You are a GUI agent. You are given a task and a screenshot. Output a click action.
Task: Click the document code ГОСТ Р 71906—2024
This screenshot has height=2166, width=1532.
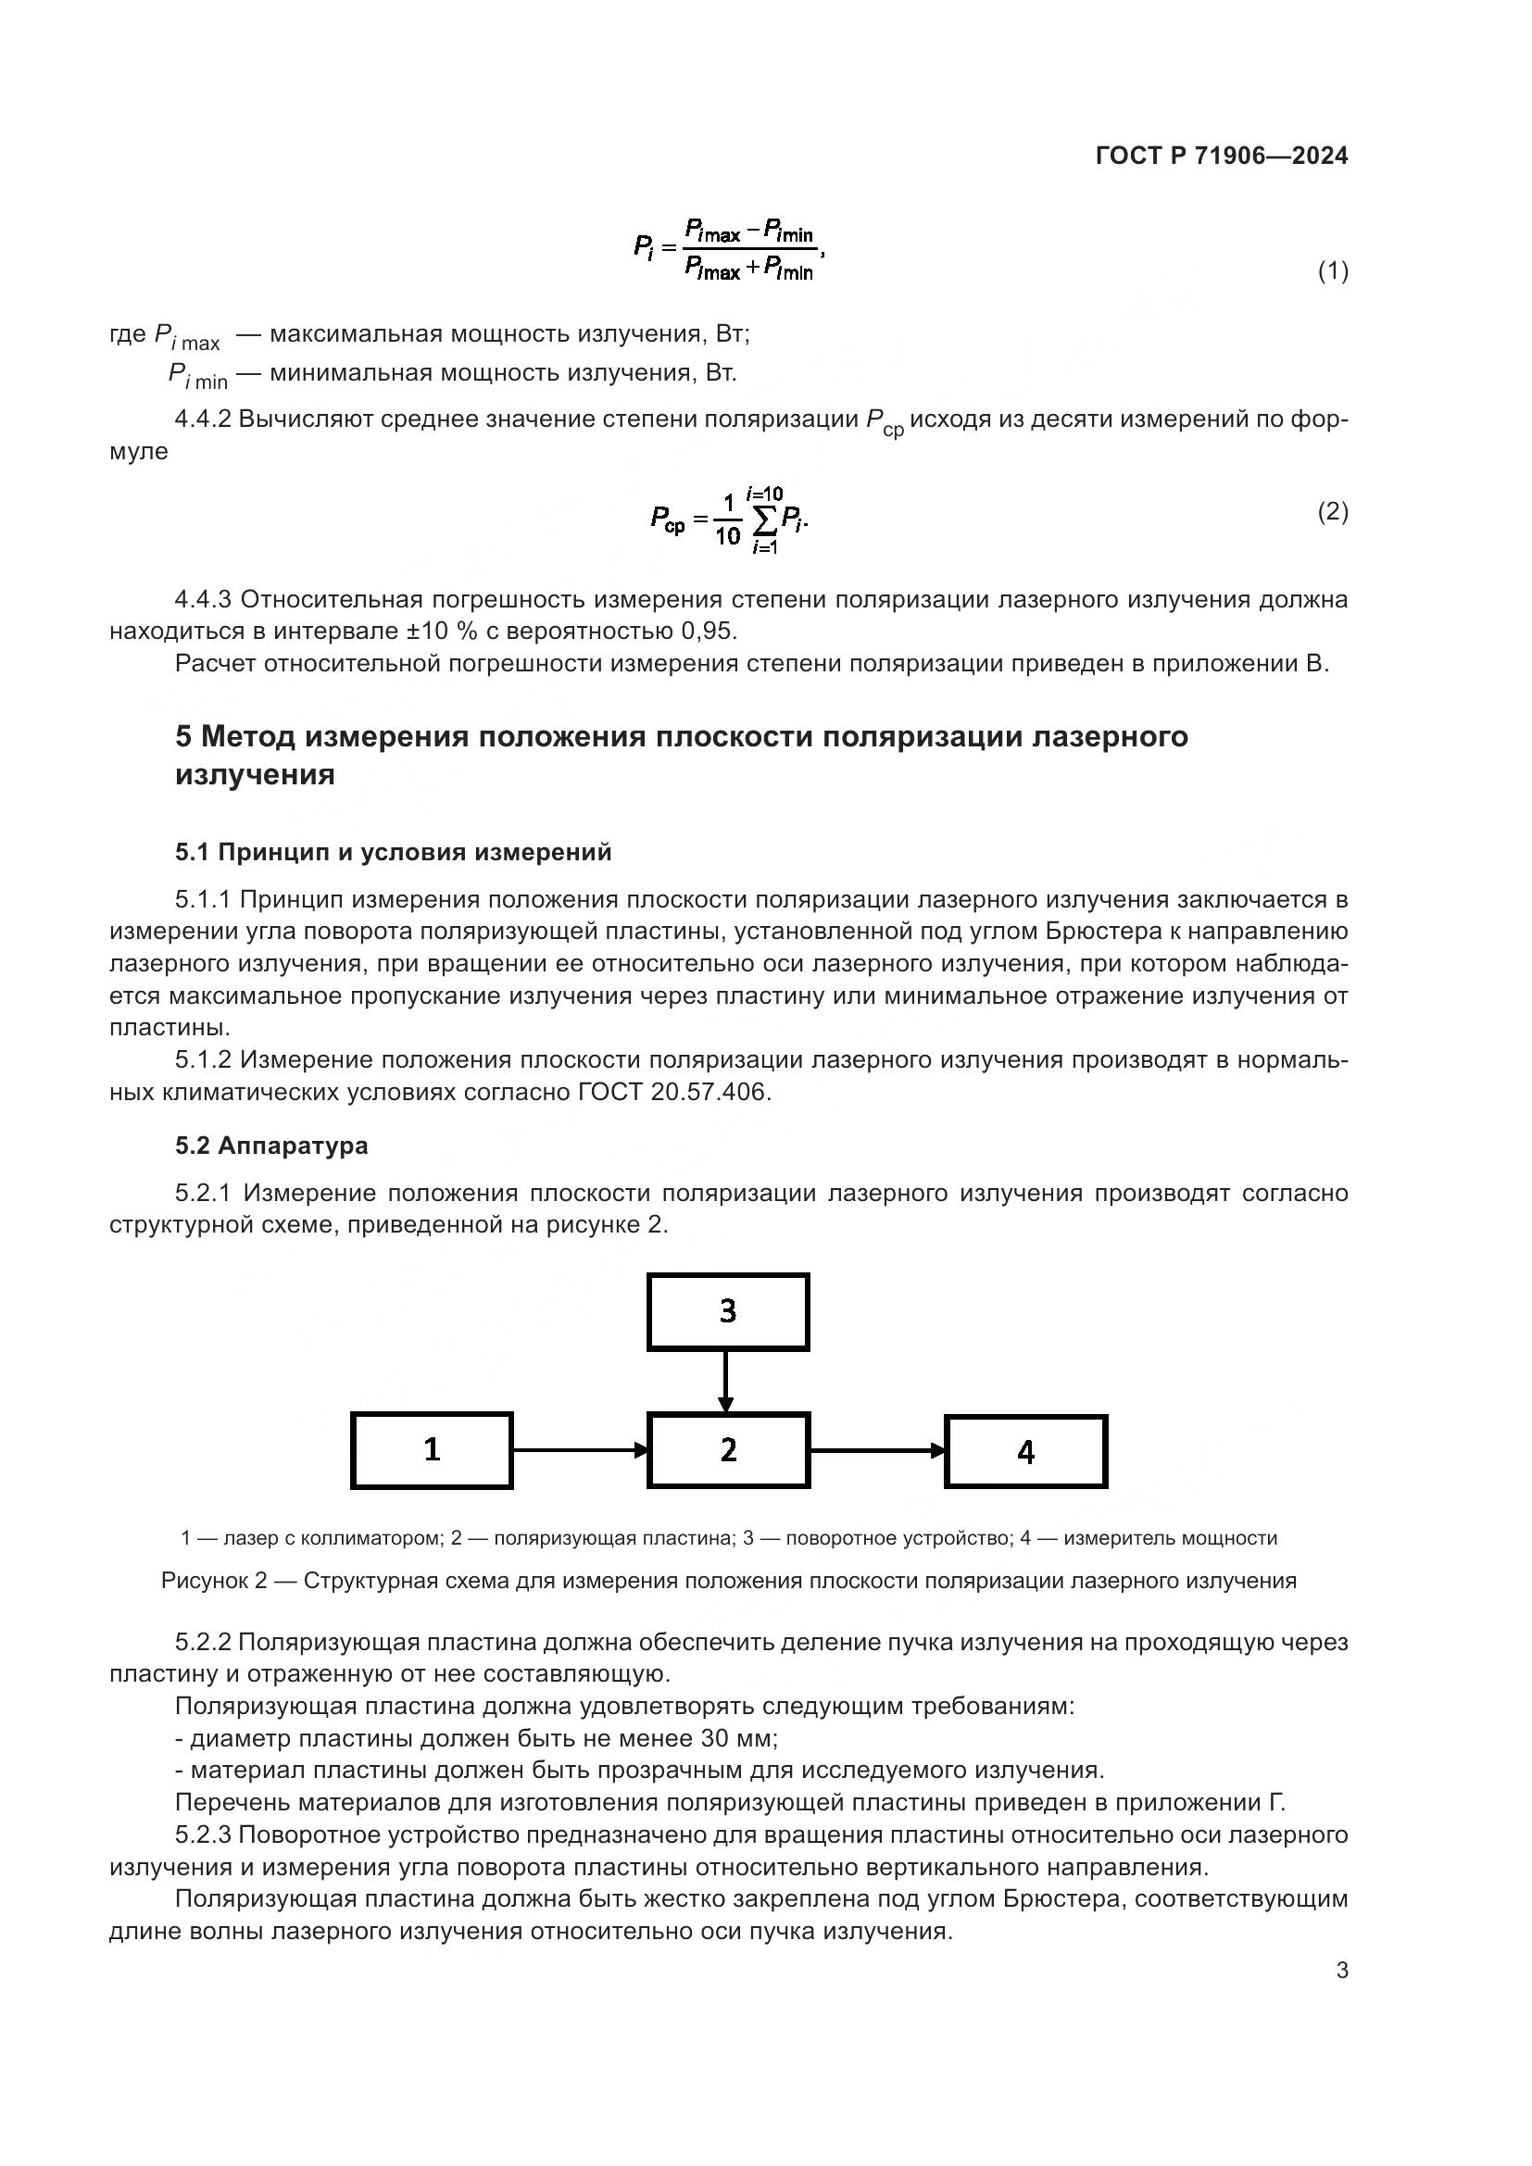click(1222, 157)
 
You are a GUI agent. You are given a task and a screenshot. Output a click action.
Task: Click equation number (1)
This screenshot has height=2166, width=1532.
click(1332, 271)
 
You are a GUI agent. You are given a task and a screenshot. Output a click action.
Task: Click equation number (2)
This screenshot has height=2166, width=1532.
click(1332, 512)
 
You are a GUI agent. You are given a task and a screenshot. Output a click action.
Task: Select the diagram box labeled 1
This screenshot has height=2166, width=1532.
click(432, 1450)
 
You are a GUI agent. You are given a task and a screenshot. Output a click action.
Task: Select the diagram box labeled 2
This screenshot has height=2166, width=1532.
click(728, 1450)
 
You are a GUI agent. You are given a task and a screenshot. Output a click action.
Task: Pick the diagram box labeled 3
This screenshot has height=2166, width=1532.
click(728, 1311)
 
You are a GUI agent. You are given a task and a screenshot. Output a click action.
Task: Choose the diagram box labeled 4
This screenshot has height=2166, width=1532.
click(1026, 1452)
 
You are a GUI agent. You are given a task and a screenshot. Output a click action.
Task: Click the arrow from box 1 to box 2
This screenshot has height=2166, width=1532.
click(580, 1450)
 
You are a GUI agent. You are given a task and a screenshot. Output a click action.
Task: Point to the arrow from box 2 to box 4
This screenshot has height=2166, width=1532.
click(877, 1451)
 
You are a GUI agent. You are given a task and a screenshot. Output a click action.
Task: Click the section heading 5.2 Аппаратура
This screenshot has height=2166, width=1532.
click(271, 1146)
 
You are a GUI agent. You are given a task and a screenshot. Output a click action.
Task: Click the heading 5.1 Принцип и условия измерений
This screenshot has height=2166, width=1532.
click(394, 853)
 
